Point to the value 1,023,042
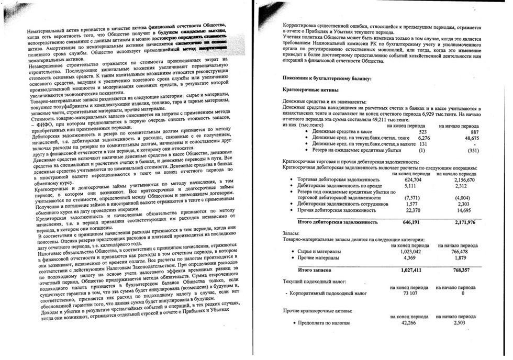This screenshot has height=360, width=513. [407, 251]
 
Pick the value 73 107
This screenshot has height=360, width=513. [409, 294]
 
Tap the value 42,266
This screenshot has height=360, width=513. [408, 323]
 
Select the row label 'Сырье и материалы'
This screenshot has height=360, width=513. [319, 251]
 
